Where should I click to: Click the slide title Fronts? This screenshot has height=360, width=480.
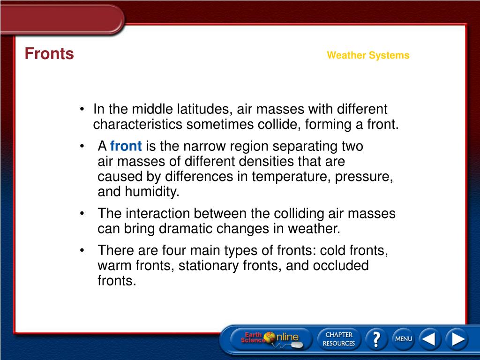click(x=49, y=54)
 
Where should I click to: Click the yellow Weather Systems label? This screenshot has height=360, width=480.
click(x=368, y=55)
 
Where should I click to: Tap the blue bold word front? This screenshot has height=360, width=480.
click(x=126, y=146)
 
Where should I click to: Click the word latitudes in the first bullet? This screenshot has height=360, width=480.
click(x=204, y=109)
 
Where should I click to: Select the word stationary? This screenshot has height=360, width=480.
click(x=208, y=266)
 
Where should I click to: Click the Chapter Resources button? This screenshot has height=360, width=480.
click(x=338, y=339)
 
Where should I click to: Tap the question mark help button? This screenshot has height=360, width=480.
click(x=376, y=338)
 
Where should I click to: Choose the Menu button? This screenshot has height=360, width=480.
click(x=403, y=338)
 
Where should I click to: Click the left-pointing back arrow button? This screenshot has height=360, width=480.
click(x=429, y=338)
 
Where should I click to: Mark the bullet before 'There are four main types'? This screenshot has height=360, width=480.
click(x=82, y=251)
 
